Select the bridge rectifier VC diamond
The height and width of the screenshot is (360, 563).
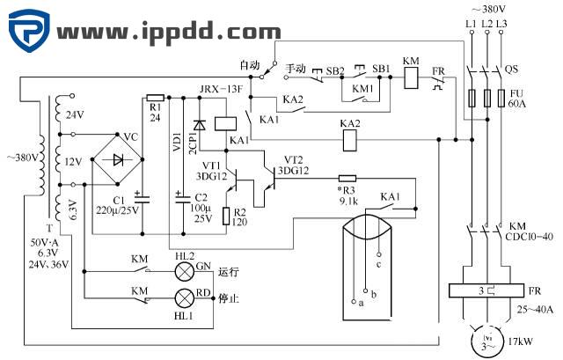(119, 160)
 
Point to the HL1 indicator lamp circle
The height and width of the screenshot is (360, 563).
(184, 296)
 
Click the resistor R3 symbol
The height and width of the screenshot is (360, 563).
(347, 177)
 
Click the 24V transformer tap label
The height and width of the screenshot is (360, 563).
(75, 114)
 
